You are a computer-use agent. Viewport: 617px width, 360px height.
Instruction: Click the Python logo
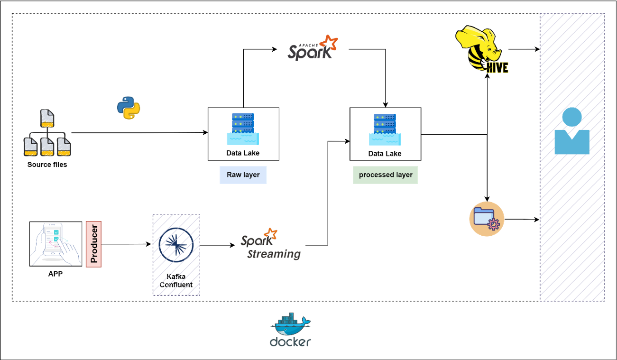[x=129, y=107]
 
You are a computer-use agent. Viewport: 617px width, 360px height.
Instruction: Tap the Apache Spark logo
[x=313, y=47]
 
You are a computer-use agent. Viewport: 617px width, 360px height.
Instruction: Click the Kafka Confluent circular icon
[x=176, y=245]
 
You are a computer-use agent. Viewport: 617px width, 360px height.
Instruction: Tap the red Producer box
[x=94, y=244]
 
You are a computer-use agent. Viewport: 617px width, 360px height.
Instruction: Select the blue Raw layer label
[x=243, y=175]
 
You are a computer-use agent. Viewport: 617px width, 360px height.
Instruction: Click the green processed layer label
[x=385, y=175]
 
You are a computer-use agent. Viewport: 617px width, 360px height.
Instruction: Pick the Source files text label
[x=47, y=165]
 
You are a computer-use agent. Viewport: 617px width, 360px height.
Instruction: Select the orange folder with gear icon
[x=487, y=219]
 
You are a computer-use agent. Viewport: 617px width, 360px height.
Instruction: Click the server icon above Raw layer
[x=243, y=128]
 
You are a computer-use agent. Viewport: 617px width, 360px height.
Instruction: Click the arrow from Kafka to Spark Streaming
[x=218, y=245]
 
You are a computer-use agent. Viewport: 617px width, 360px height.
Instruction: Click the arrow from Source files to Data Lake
[x=140, y=133]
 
